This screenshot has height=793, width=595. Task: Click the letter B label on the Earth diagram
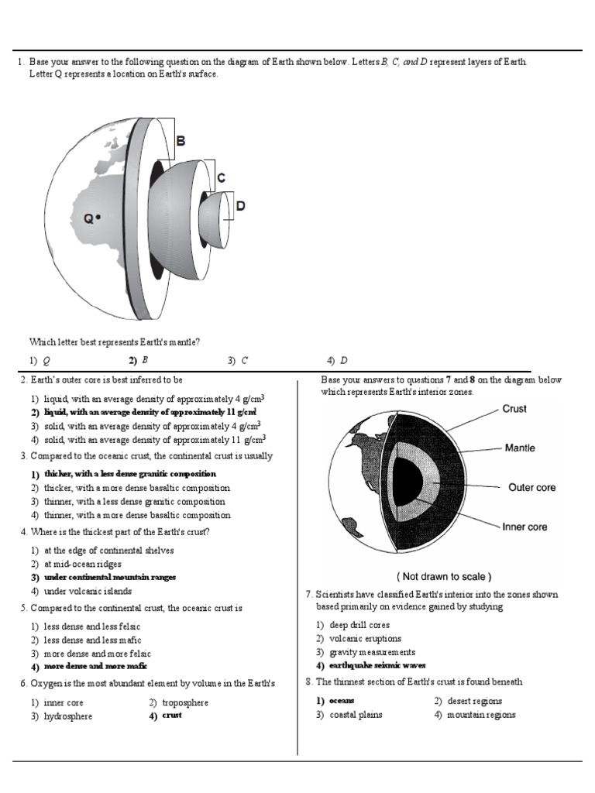(181, 142)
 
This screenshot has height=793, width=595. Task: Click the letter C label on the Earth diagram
(221, 178)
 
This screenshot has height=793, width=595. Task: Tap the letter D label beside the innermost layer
(240, 206)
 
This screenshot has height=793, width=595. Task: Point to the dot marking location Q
(100, 219)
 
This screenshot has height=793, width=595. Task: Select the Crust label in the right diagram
(514, 409)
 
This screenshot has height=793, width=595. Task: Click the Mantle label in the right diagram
(519, 448)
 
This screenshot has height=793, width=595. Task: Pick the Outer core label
(531, 488)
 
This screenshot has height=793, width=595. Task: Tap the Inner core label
(524, 527)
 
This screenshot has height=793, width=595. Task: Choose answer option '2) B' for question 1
(139, 360)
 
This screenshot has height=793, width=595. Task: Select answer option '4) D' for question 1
(337, 360)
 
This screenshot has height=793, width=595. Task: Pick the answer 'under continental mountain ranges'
(109, 577)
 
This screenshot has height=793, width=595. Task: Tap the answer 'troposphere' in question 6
(184, 702)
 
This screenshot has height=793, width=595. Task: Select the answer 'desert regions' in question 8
(474, 701)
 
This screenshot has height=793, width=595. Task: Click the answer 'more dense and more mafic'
(95, 666)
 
